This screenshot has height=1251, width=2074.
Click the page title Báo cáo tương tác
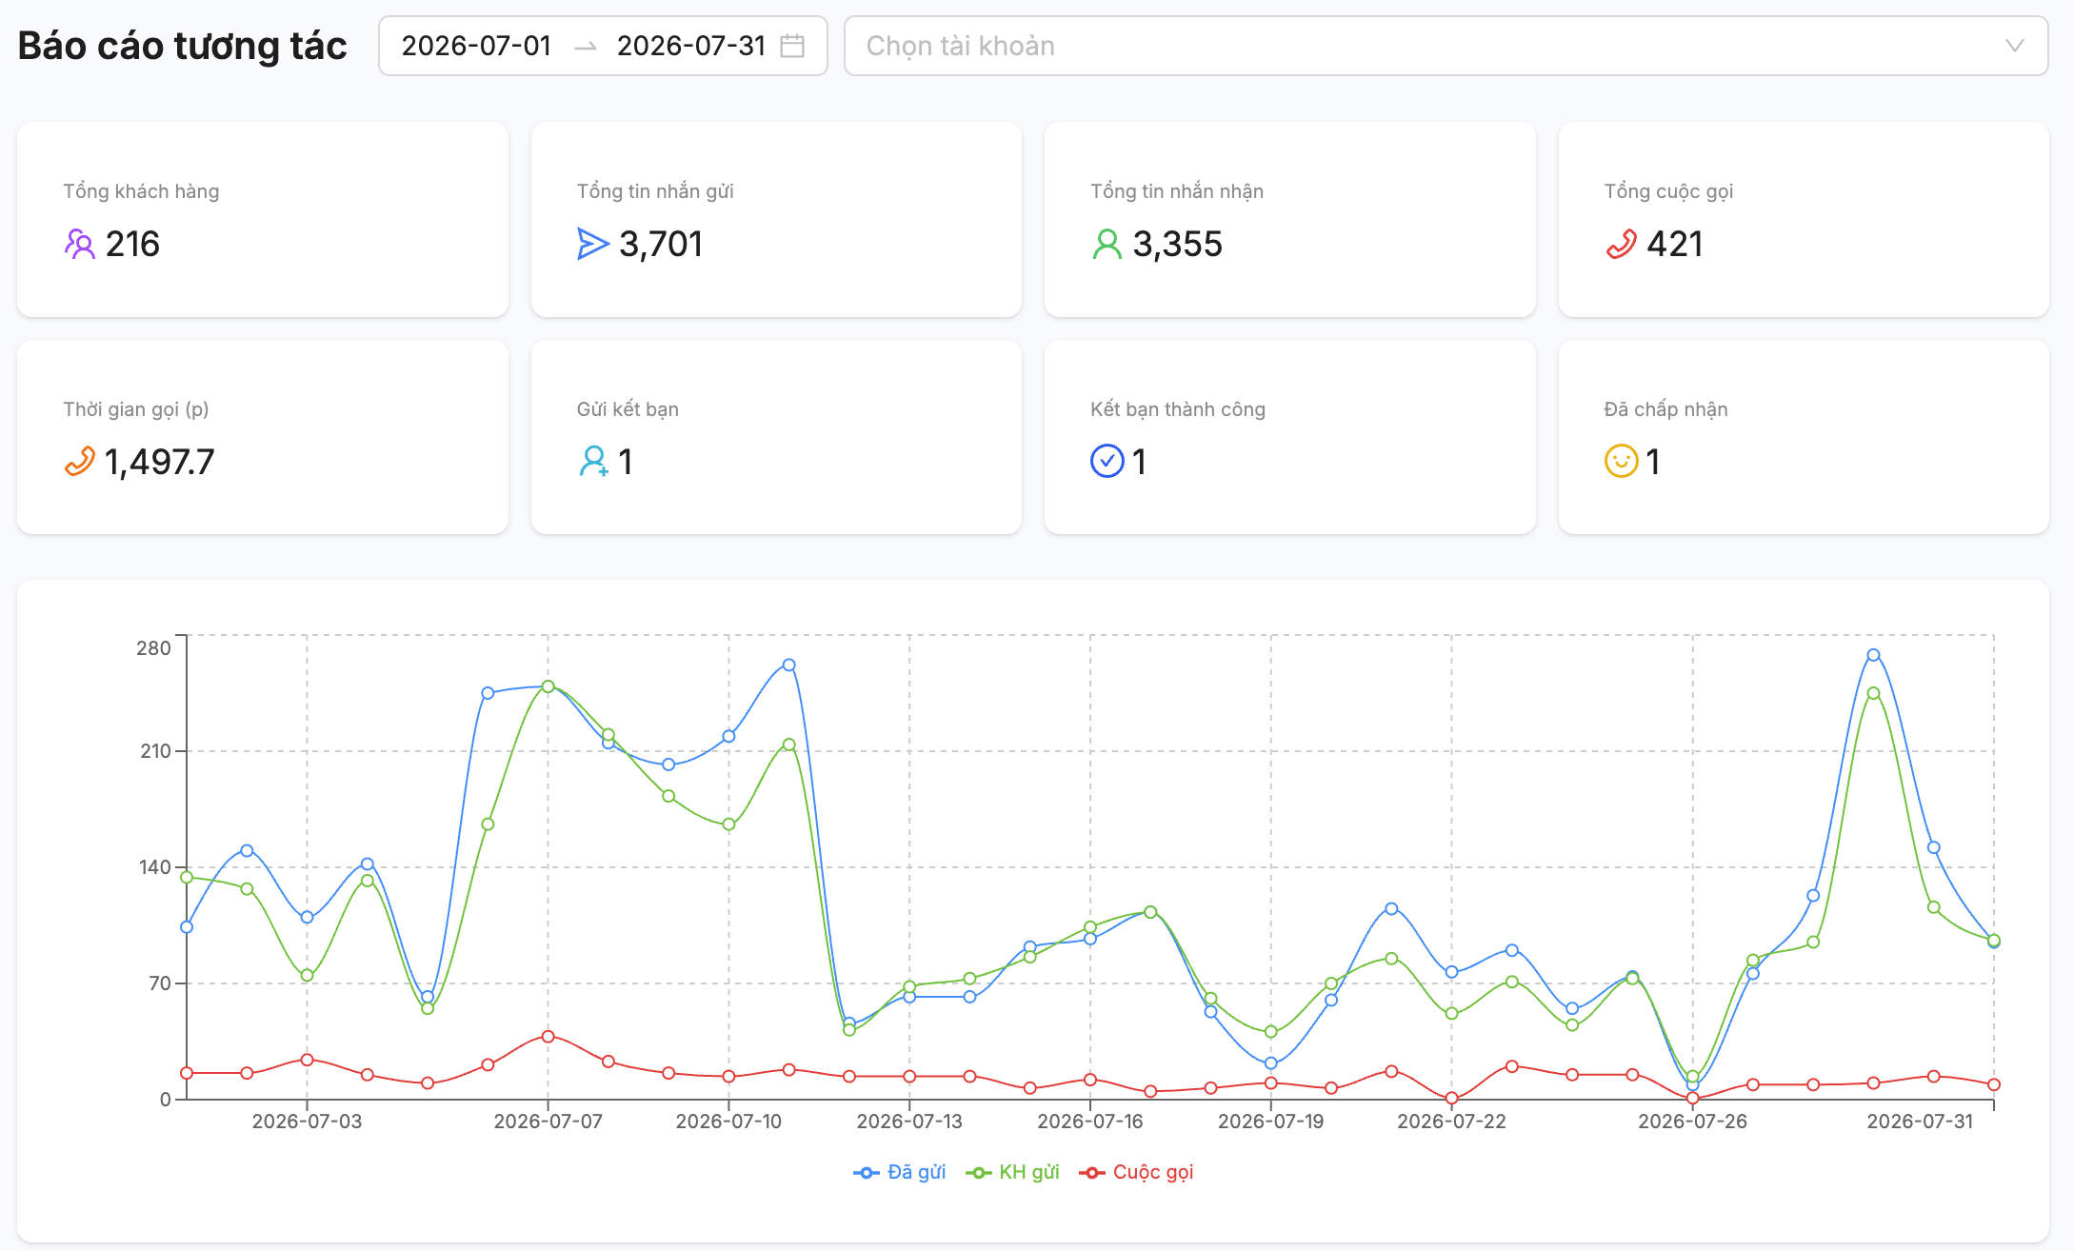(x=182, y=46)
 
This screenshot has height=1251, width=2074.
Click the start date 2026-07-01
(x=476, y=46)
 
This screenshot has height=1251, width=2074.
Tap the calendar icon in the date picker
(x=792, y=46)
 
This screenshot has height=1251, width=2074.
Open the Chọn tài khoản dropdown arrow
(x=2014, y=46)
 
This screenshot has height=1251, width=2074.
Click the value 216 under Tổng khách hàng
(x=132, y=244)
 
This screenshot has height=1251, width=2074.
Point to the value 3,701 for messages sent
(x=661, y=244)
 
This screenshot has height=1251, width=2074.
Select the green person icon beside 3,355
(x=1107, y=245)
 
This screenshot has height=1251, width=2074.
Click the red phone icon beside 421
(x=1621, y=245)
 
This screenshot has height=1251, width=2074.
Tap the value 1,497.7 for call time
(x=159, y=462)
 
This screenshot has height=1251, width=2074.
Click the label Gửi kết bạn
(x=628, y=409)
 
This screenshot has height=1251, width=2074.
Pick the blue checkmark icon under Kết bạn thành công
(x=1107, y=461)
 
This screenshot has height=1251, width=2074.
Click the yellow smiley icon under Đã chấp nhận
(x=1621, y=461)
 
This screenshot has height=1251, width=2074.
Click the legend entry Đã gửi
(x=900, y=1172)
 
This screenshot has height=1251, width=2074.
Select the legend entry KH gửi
(x=1012, y=1172)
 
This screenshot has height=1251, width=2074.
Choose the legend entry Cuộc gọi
(x=1136, y=1172)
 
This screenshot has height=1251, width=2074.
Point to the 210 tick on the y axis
(x=156, y=751)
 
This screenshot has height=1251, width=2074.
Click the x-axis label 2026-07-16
(x=1090, y=1122)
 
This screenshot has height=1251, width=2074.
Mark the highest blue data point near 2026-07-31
(x=1873, y=655)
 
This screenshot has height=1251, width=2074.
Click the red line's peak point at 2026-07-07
(x=548, y=1036)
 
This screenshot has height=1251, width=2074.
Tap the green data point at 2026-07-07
(x=548, y=686)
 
